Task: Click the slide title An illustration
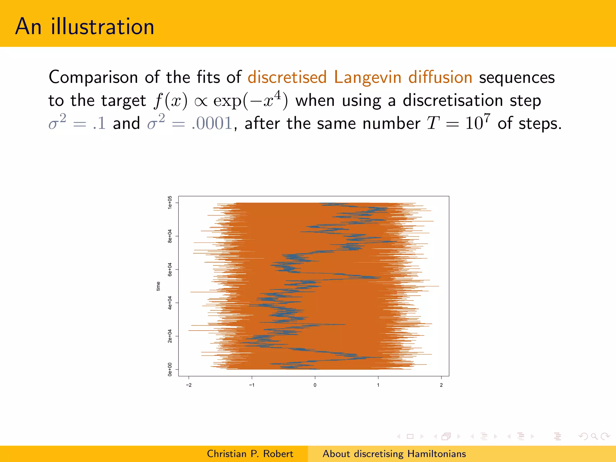click(x=85, y=26)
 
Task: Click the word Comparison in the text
click(x=93, y=77)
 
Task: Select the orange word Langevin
click(x=368, y=77)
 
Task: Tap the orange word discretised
click(x=287, y=77)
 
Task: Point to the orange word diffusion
click(x=440, y=77)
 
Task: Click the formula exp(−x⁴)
click(x=250, y=100)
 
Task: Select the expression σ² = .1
click(x=77, y=123)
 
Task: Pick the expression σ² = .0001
click(x=190, y=123)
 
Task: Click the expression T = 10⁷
click(x=458, y=123)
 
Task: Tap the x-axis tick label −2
click(x=189, y=385)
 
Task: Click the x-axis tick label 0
click(x=315, y=385)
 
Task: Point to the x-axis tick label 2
click(x=441, y=385)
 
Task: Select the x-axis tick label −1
click(x=252, y=385)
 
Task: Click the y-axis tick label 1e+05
click(x=170, y=203)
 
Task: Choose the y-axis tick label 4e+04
click(x=170, y=303)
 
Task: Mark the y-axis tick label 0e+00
click(x=170, y=369)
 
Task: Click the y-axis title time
click(x=158, y=286)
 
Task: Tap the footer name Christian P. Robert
click(x=250, y=454)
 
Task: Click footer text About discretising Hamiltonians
click(x=394, y=454)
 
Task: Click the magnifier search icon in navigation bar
click(x=594, y=436)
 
